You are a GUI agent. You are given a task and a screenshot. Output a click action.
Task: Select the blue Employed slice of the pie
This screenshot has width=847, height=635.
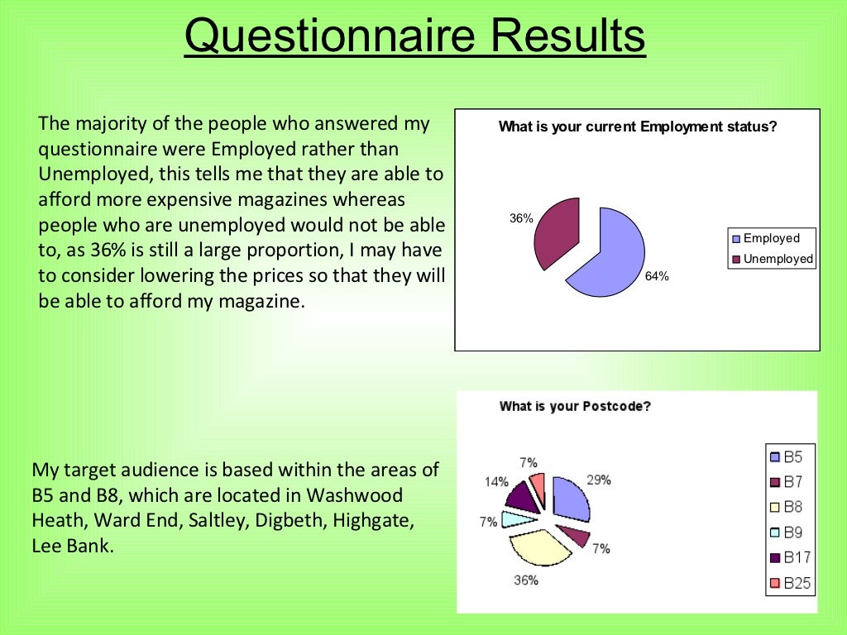click(x=608, y=252)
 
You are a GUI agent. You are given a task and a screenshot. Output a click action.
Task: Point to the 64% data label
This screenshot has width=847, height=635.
click(x=657, y=277)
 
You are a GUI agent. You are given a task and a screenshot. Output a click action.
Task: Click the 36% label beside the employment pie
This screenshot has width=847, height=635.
click(x=521, y=219)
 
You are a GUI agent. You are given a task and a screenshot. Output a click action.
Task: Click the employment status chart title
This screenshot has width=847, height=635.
click(x=638, y=127)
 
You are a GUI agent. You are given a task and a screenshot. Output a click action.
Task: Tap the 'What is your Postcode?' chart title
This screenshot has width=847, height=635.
click(x=575, y=406)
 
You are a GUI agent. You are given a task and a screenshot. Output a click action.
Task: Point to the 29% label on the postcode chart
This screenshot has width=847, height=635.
click(x=599, y=480)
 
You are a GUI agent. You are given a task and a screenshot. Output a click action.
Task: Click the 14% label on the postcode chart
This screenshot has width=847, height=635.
click(x=496, y=481)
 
